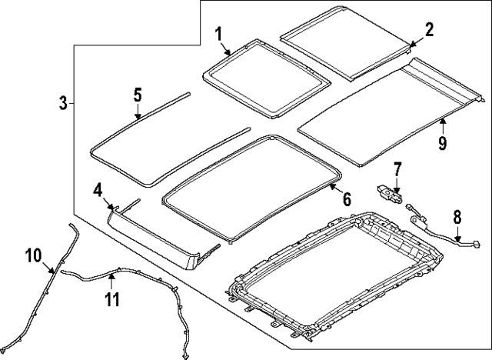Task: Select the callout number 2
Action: (x=429, y=29)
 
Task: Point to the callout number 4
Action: (x=98, y=189)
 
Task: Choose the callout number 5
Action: (x=137, y=95)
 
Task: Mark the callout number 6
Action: (x=346, y=198)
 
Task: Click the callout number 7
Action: (x=397, y=168)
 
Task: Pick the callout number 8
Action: (x=457, y=217)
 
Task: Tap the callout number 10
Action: (x=35, y=255)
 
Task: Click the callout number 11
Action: (x=112, y=298)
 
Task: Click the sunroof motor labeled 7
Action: (x=388, y=193)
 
